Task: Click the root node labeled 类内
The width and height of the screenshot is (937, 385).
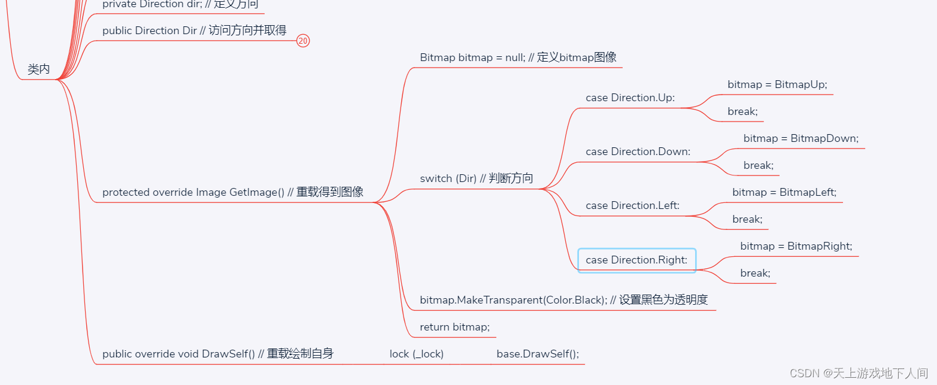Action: point(39,69)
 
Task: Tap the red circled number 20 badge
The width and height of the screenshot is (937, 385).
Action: point(303,41)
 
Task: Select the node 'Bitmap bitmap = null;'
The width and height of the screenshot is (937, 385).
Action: point(518,57)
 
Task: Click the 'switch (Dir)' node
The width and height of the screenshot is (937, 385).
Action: point(476,178)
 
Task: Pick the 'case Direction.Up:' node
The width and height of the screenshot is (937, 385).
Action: point(630,98)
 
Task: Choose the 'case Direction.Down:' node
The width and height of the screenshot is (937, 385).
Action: point(638,151)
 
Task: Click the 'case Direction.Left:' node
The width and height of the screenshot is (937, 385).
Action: point(632,205)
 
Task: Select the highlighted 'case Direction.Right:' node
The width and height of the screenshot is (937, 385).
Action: point(636,260)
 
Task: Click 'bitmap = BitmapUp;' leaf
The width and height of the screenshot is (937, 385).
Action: point(777,84)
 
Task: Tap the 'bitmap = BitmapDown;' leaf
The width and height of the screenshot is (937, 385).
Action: point(800,138)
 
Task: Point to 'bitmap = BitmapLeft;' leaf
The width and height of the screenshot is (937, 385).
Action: point(784,192)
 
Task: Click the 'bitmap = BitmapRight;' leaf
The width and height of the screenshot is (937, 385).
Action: point(796,246)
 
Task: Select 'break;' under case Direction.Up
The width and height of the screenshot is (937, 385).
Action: point(742,111)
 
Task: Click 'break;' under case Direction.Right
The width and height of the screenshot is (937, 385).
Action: point(755,273)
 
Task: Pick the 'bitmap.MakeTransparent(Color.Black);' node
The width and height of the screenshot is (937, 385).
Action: point(564,300)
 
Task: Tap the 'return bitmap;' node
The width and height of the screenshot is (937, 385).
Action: point(454,327)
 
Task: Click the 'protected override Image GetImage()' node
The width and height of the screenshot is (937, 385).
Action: point(233,192)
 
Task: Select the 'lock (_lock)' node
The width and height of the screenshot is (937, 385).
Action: point(416,354)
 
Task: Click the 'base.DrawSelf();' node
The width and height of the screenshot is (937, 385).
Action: point(538,354)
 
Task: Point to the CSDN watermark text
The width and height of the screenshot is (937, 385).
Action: point(858,373)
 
